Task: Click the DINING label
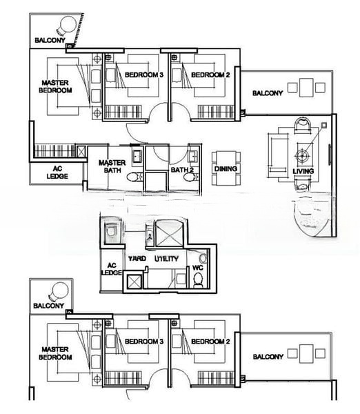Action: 226,169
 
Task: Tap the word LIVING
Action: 303,171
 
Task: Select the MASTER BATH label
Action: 112,166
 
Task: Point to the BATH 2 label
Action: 182,170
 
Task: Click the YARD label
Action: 137,258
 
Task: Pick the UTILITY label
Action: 166,259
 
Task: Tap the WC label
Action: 198,268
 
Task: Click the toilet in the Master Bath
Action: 134,177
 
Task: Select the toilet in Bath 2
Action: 190,177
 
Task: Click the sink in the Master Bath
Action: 137,156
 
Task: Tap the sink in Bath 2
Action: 192,156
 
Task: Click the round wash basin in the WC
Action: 203,257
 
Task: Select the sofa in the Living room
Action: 278,152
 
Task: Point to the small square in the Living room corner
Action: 324,125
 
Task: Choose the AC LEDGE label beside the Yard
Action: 112,269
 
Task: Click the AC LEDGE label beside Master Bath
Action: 57,172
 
